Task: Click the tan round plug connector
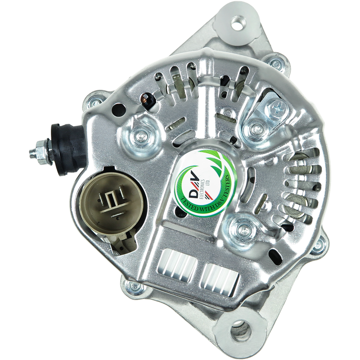(x=112, y=201)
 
